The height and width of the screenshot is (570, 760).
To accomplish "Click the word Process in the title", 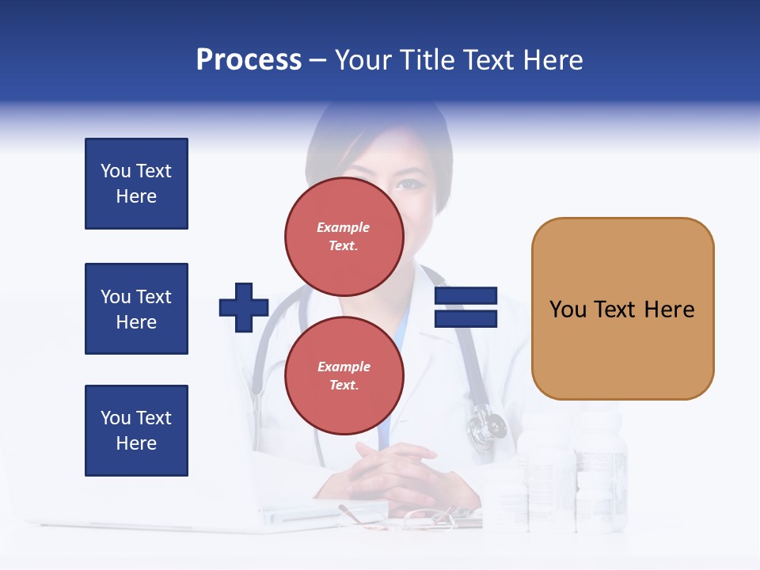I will coord(249,60).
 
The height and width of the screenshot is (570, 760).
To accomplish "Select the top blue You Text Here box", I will coord(136,184).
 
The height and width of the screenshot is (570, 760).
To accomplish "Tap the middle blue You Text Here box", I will coord(136,309).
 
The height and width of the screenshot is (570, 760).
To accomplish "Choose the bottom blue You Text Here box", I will coord(136,430).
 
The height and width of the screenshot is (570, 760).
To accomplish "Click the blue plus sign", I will coord(244,307).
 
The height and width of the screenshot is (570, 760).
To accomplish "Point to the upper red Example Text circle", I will coord(344,236).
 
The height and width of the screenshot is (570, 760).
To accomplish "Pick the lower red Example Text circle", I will coord(344,375).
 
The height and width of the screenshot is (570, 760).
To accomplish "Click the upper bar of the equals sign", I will coord(465,296).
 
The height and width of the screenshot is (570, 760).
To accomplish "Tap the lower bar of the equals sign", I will coord(465,319).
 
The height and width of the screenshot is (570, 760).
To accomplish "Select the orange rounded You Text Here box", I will coord(622,309).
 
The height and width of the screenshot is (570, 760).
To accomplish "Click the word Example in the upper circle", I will coord(344,227).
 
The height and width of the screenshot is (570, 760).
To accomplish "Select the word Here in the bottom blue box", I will coord(136,443).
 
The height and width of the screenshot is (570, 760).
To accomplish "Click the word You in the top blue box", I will coord(115,171).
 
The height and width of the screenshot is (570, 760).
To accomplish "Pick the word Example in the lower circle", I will coord(344,367).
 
